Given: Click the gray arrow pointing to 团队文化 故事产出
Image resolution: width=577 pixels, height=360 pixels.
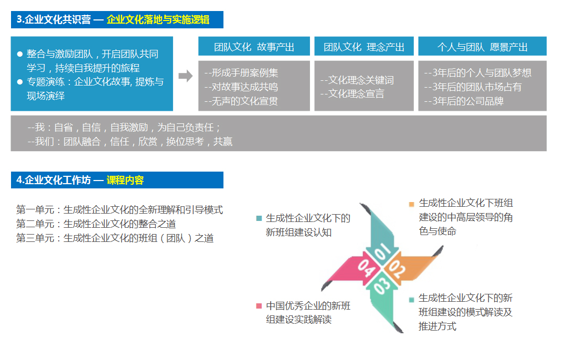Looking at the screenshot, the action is (186, 76).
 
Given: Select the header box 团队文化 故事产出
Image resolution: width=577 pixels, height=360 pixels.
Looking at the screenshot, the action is (254, 46).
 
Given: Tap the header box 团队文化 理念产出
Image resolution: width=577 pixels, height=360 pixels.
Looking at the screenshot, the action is (364, 46).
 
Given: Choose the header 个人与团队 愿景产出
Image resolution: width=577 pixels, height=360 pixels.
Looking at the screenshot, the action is (482, 46).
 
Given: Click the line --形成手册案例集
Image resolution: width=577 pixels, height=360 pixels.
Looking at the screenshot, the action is (241, 73).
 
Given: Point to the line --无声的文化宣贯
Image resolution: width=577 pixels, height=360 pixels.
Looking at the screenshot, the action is (241, 101).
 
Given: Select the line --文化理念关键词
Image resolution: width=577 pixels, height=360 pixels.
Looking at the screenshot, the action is (357, 80).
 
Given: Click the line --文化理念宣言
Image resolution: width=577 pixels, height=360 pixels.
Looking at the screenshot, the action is (352, 94).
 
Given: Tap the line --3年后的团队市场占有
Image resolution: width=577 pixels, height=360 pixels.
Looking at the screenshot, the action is (473, 87).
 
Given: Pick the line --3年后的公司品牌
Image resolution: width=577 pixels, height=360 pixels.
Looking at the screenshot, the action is (464, 101).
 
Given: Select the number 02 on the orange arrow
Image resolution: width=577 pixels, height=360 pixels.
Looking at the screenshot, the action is (398, 269).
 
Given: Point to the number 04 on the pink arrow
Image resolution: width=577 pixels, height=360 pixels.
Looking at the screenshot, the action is (366, 268).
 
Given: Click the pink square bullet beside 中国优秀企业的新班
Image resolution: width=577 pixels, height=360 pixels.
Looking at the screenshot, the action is (259, 306).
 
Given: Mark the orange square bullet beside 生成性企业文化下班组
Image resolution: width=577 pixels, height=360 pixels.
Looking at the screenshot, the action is (411, 204).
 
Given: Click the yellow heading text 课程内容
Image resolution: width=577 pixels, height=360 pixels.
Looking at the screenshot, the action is (125, 180).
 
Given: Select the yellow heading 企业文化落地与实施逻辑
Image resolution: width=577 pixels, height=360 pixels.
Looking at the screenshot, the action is (158, 19).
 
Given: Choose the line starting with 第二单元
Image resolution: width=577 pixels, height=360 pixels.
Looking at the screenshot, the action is (95, 224).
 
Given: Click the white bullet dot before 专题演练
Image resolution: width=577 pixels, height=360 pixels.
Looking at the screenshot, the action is (20, 82).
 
